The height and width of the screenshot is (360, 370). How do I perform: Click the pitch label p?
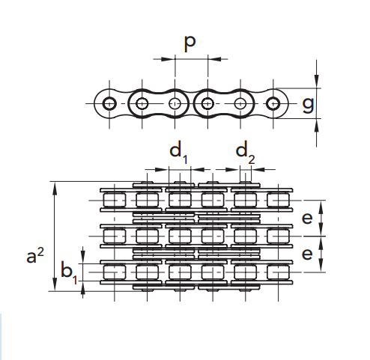pyautogui.click(x=189, y=43)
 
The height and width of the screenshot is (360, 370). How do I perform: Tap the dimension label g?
pyautogui.click(x=308, y=105)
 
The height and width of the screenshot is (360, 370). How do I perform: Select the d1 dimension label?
pyautogui.click(x=178, y=153)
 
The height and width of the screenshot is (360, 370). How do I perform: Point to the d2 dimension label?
pyautogui.click(x=246, y=153)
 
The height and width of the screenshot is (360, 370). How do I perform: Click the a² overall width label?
pyautogui.click(x=35, y=256)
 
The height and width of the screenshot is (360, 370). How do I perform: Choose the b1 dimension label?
pyautogui.click(x=69, y=272)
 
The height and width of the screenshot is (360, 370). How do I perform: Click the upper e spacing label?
pyautogui.click(x=307, y=218)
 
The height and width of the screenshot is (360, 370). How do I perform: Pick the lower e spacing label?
pyautogui.click(x=307, y=254)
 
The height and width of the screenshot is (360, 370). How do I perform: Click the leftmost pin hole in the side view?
pyautogui.click(x=109, y=103)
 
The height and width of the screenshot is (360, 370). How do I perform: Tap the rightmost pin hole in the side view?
pyautogui.click(x=273, y=103)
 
